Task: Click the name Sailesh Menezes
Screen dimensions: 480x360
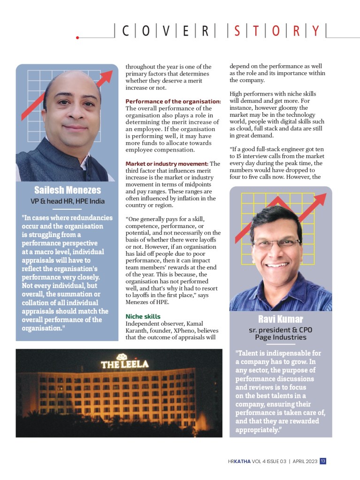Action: [x=67, y=190]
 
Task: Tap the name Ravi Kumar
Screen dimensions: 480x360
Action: [x=280, y=320]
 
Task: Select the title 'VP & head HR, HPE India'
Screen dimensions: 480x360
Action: [x=67, y=201]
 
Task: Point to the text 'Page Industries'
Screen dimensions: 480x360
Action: [x=280, y=337]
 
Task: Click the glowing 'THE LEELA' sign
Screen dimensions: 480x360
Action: [x=124, y=363]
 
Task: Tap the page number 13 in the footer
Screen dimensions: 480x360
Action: [x=323, y=461]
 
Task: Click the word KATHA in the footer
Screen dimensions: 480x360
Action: [x=242, y=461]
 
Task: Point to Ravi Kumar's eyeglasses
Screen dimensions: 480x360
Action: [x=276, y=243]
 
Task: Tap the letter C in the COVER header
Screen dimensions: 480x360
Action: [x=125, y=31]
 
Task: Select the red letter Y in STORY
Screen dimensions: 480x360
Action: [x=315, y=31]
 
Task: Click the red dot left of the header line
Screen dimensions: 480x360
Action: [x=77, y=37]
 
